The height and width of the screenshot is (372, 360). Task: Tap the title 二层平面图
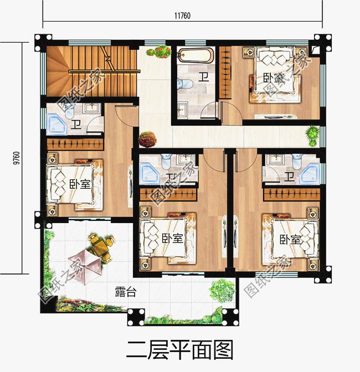click(179, 350)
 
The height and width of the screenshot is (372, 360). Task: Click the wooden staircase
click(91, 71)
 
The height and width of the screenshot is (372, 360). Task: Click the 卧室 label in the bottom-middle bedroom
click(172, 238)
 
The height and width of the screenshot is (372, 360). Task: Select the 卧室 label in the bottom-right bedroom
click(290, 240)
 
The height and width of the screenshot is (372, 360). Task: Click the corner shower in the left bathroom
click(56, 124)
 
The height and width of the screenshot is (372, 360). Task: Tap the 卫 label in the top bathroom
click(204, 77)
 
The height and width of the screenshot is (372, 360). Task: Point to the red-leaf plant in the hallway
click(147, 138)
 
